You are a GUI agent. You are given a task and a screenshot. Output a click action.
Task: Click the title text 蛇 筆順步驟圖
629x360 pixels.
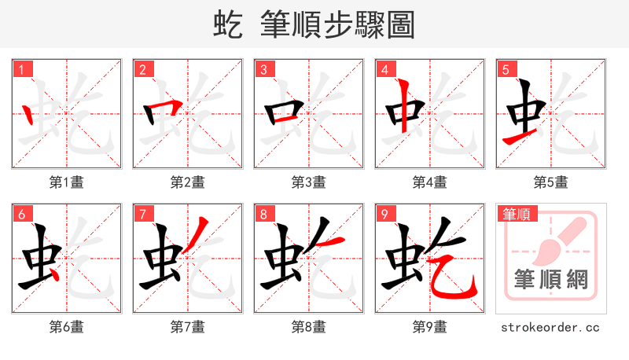(x=314, y=24)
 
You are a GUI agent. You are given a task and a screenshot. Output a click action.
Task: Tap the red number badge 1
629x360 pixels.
(x=21, y=70)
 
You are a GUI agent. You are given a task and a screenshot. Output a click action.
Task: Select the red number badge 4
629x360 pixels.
(x=384, y=70)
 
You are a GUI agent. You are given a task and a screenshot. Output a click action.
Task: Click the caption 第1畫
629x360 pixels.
(x=67, y=182)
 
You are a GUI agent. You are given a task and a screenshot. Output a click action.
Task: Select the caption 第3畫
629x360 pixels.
(x=309, y=182)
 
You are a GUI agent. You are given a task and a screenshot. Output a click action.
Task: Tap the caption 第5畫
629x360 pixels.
(x=551, y=182)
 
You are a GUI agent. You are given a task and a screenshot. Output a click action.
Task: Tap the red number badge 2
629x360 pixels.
(x=142, y=70)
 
